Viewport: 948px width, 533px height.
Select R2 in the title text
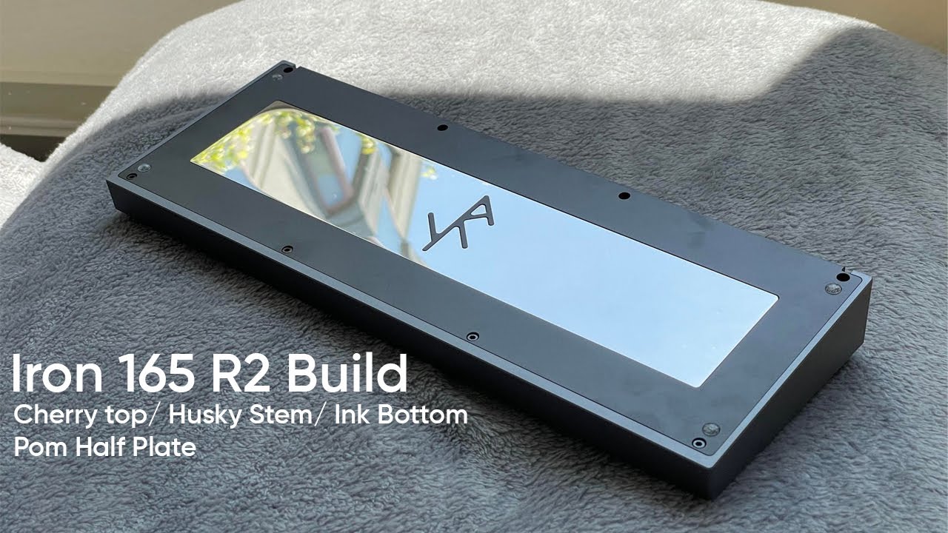[x=240, y=374]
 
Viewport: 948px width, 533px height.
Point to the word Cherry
[x=56, y=417]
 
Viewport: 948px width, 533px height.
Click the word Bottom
[x=423, y=415]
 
